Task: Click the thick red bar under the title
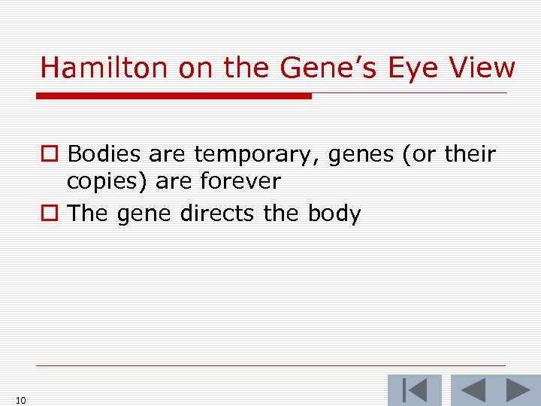point(174,95)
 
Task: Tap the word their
point(470,154)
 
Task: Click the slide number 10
point(20,400)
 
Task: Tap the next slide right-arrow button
point(518,390)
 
